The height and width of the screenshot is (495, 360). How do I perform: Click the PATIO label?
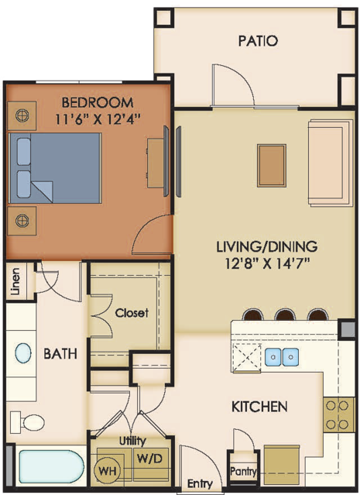pyautogui.click(x=258, y=41)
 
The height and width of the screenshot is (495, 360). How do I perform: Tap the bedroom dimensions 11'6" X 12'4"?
pyautogui.click(x=98, y=119)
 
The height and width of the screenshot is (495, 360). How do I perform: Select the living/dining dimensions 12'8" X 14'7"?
pyautogui.click(x=266, y=263)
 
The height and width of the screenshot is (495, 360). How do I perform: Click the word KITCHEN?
pyautogui.click(x=259, y=406)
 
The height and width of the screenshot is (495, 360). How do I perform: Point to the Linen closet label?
pyautogui.click(x=15, y=281)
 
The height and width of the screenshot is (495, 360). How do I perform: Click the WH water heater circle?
pyautogui.click(x=108, y=470)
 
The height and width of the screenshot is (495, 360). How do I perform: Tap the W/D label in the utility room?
pyautogui.click(x=149, y=459)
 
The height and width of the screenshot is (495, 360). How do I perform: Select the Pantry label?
pyautogui.click(x=243, y=472)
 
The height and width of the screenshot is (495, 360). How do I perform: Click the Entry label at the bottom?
pyautogui.click(x=200, y=483)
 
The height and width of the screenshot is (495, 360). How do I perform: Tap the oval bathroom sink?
pyautogui.click(x=23, y=353)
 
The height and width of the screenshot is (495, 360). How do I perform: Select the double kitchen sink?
pyautogui.click(x=282, y=357)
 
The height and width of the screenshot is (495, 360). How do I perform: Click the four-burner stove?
pyautogui.click(x=337, y=414)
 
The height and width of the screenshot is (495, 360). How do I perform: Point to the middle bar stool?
pyautogui.click(x=285, y=315)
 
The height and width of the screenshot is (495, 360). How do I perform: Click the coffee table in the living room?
pyautogui.click(x=272, y=166)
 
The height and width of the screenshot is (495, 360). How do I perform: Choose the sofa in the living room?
pyautogui.click(x=331, y=163)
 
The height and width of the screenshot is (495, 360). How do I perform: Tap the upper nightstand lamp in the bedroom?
pyautogui.click(x=22, y=115)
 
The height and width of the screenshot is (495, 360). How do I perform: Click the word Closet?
pyautogui.click(x=132, y=313)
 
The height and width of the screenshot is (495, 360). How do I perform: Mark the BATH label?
pyautogui.click(x=60, y=353)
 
